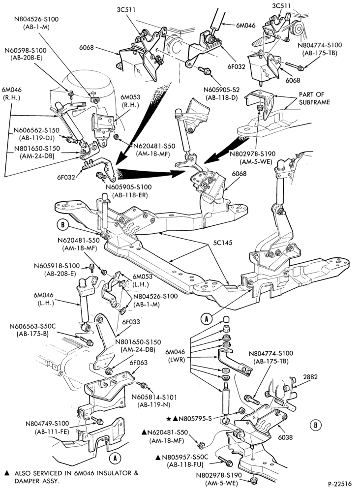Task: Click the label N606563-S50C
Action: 32,327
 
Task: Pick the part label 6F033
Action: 131,322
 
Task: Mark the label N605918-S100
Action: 57,266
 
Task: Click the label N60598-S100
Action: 25,50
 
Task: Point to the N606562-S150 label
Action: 36,130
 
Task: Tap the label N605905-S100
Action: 128,187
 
